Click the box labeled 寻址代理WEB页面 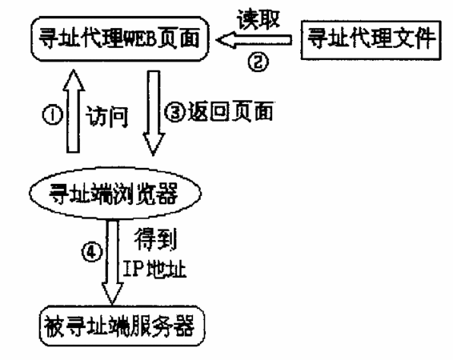tap(119, 39)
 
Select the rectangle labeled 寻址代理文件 tap(371, 40)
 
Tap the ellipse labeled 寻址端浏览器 tap(115, 193)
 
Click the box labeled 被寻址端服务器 tap(122, 326)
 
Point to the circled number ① tap(53, 115)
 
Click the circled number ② tap(258, 62)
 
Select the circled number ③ tap(175, 112)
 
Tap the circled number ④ tap(92, 252)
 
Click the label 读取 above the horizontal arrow tap(259, 19)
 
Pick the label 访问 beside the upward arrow tap(107, 117)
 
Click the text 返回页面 tap(231, 111)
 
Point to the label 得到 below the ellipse tap(155, 238)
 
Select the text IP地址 tap(154, 270)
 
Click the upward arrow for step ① tap(74, 111)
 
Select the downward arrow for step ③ tap(154, 113)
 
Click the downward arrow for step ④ tap(112, 262)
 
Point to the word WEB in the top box tap(140, 39)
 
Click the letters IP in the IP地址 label tap(133, 270)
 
